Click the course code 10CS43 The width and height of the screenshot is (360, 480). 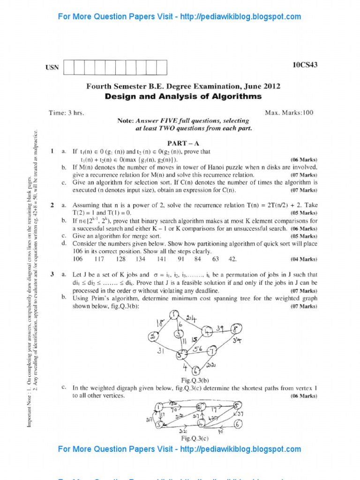tap(305, 65)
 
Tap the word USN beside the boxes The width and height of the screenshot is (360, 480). tap(52, 67)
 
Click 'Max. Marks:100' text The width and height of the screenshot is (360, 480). tap(289, 112)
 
